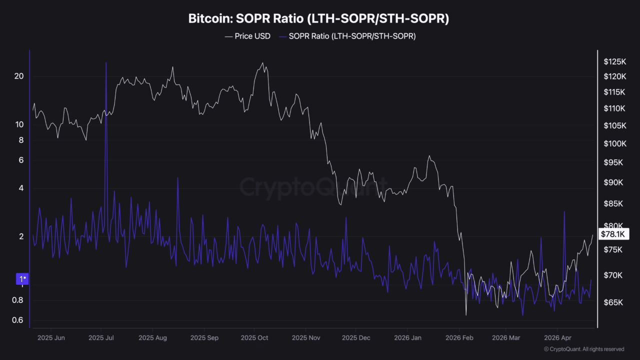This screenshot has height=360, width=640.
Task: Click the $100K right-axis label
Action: (x=614, y=144)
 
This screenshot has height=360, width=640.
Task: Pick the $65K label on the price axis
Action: (x=612, y=302)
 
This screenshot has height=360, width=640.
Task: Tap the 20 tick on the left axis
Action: (x=19, y=76)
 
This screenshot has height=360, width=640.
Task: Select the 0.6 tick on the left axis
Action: (x=17, y=320)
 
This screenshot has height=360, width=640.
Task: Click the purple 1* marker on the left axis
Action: (x=23, y=278)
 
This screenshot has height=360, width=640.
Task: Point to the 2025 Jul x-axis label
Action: (x=101, y=338)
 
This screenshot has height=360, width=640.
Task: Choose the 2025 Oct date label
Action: (x=254, y=338)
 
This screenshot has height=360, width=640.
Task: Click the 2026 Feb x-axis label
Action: (x=459, y=338)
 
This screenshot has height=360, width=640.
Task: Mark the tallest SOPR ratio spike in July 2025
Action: (x=106, y=63)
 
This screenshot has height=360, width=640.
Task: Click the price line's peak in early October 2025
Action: (x=262, y=63)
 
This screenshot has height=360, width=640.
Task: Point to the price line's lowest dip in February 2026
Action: (x=466, y=315)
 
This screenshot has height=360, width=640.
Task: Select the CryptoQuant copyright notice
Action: (x=583, y=349)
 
